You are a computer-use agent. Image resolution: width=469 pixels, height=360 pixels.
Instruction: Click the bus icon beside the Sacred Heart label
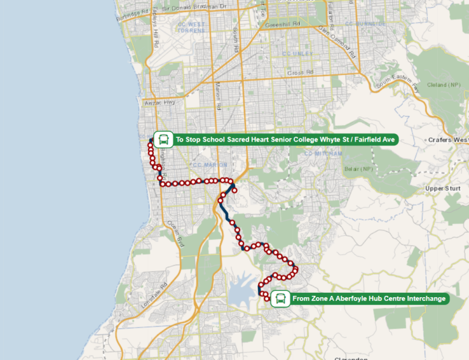pos(162,140)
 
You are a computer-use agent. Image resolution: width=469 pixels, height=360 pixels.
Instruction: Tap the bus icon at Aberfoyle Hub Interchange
pos(280,298)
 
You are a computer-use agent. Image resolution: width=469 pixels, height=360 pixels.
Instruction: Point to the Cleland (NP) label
pos(445,84)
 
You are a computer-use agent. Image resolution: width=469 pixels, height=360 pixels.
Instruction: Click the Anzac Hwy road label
pos(159,103)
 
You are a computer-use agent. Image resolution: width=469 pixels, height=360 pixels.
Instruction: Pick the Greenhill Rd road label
pos(280,26)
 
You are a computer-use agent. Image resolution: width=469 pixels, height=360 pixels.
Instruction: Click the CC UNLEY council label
pos(298,54)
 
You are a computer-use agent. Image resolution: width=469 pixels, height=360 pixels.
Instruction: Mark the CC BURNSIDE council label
pos(365,23)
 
